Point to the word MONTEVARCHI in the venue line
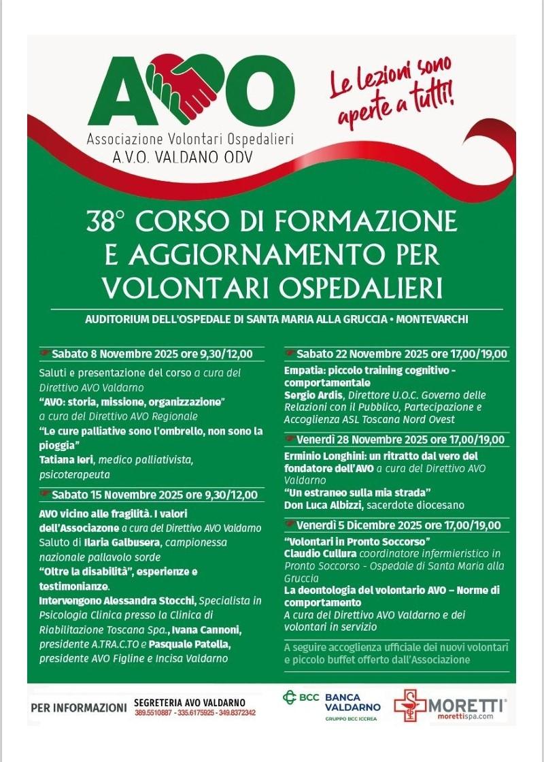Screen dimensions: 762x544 coord(448,319)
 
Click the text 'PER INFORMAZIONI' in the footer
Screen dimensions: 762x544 coord(79,708)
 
